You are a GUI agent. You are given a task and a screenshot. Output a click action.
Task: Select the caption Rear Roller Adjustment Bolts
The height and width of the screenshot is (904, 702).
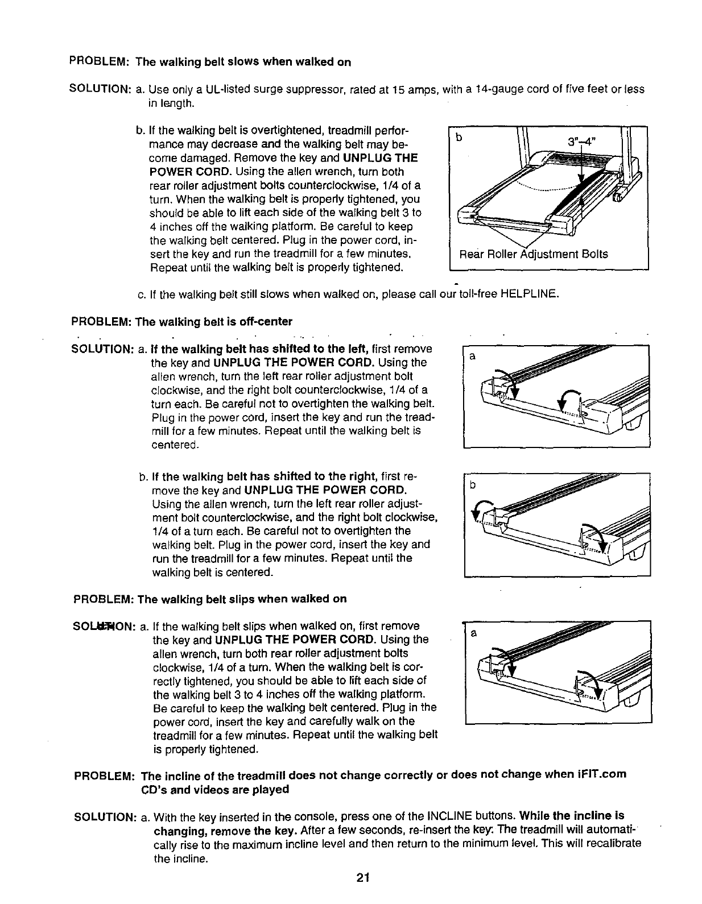pos(533,254)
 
